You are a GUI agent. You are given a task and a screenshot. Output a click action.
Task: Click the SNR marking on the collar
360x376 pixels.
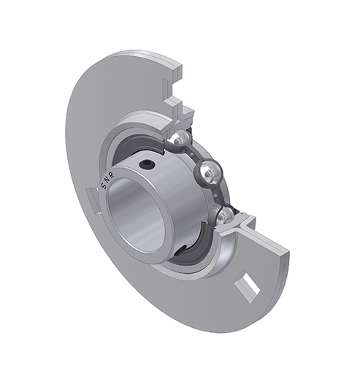(112, 186)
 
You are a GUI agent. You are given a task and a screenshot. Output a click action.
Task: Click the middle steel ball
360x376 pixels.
(211, 173)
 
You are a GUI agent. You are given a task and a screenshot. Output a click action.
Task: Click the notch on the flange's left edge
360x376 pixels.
(89, 197)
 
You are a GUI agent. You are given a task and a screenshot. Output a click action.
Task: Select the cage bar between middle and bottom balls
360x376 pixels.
(219, 196)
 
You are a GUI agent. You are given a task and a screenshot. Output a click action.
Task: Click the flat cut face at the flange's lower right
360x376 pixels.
(281, 259)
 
